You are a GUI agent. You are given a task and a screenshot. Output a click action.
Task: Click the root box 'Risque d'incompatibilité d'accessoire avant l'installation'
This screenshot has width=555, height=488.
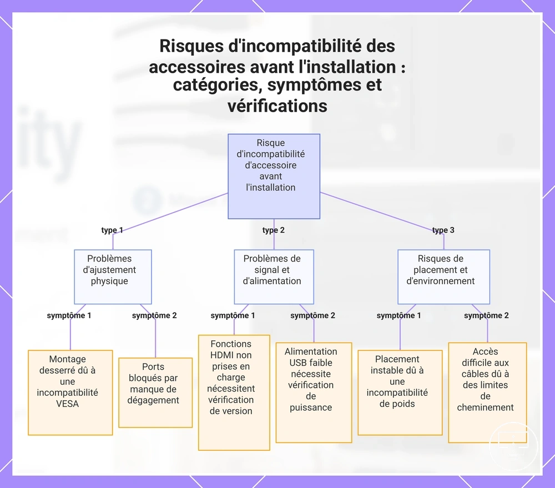tap(274, 176)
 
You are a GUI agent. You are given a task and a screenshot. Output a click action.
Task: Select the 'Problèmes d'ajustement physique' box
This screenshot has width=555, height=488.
tap(113, 276)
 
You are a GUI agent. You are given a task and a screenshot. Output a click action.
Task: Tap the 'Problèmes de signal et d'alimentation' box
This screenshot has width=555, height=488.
tap(274, 276)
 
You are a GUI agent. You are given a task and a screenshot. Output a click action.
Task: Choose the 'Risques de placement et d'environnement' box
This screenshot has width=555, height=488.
tap(444, 276)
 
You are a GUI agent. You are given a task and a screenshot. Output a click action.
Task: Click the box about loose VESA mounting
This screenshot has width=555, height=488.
tap(70, 393)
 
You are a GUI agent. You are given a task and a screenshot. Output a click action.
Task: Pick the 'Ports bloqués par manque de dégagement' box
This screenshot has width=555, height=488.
tap(155, 393)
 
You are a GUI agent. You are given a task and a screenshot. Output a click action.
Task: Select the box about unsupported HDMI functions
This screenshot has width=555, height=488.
tap(234, 393)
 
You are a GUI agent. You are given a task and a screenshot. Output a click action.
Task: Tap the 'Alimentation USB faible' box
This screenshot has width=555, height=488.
tap(314, 393)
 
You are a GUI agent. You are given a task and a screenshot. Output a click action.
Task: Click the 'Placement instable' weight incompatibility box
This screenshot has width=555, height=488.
tap(400, 393)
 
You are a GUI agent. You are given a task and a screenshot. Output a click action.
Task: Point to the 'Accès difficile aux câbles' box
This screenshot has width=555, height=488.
tap(487, 393)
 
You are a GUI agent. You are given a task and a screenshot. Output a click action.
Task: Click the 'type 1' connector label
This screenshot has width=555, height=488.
tap(112, 230)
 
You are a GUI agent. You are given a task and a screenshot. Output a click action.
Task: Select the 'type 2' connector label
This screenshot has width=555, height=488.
tap(273, 230)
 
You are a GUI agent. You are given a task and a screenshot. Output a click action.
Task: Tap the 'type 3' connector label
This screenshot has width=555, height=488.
tap(443, 230)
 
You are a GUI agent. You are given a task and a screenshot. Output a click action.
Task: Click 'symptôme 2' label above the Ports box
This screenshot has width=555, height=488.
tap(154, 315)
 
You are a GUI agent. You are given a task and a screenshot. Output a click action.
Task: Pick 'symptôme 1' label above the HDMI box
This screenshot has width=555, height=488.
tap(233, 315)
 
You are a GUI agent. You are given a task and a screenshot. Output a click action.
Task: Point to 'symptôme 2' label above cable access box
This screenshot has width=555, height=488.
tap(486, 315)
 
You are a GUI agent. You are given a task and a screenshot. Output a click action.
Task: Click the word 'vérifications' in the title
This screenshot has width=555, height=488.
tap(277, 106)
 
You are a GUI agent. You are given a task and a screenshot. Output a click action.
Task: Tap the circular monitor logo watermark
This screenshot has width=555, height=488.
tap(513, 446)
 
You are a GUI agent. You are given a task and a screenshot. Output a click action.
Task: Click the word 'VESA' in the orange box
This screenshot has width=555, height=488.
tap(67, 404)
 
